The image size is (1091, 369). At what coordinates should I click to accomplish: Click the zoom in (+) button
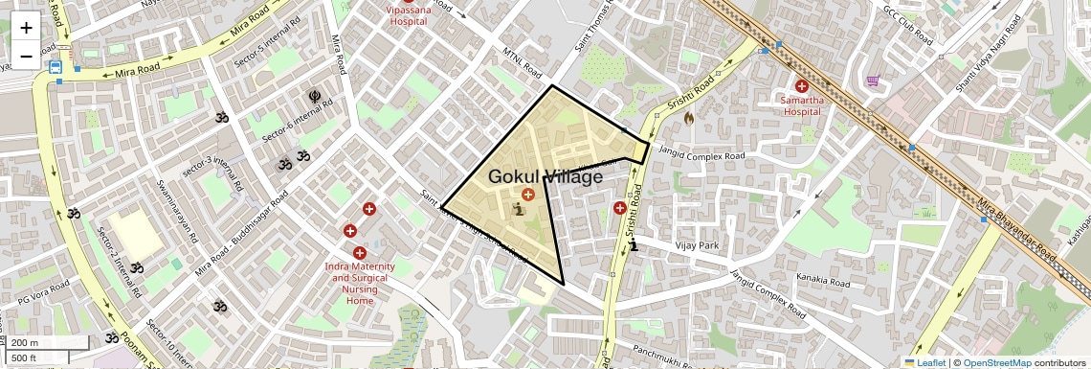point(26,28)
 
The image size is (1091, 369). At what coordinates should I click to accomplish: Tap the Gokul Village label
point(545,176)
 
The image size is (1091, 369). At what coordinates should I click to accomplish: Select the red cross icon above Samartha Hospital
point(801,85)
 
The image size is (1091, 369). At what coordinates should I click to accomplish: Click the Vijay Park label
point(697,245)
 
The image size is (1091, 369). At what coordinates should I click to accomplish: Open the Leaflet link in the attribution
point(925,362)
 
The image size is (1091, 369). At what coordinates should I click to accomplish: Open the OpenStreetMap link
point(996,362)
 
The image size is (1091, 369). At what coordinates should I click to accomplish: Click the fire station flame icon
point(687,119)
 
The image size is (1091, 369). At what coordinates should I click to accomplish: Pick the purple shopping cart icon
point(873,81)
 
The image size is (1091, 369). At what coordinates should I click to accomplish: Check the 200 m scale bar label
point(26,343)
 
